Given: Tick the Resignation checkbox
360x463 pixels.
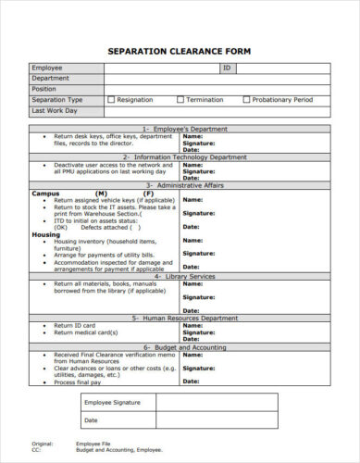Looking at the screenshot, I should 112,99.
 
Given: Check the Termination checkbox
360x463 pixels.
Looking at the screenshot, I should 180,99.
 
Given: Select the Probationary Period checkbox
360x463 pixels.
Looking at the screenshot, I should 247,99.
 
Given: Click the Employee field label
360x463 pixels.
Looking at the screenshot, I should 47,69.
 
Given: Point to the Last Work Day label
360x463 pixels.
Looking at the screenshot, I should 55,110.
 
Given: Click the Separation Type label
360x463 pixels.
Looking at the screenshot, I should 57,99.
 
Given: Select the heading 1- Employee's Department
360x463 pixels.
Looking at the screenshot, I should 180,129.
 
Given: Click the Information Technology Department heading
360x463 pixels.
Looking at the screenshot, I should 180,157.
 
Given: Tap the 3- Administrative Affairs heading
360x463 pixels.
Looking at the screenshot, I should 180,186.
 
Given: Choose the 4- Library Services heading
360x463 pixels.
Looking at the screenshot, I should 180,276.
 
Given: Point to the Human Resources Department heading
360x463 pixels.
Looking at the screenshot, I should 180,318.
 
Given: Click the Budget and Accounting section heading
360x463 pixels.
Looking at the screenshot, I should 180,346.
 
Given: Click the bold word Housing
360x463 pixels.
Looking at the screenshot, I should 46,235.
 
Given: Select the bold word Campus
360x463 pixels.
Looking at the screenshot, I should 45,194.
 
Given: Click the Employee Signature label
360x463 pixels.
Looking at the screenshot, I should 112,403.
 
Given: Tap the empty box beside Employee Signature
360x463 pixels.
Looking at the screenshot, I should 216,403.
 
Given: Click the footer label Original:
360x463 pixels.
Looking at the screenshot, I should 42,444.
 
